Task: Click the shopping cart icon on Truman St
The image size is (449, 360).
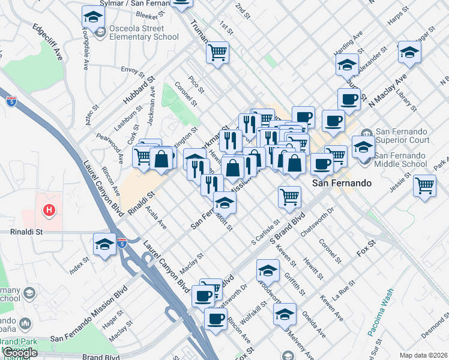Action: click(x=218, y=52)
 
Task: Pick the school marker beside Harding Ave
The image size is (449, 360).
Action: click(x=347, y=64)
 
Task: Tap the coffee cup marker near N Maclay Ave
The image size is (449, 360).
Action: click(x=348, y=99)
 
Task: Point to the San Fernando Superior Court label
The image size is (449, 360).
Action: click(x=402, y=136)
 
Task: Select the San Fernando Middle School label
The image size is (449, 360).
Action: click(x=400, y=159)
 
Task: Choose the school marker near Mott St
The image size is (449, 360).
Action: click(x=224, y=202)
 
